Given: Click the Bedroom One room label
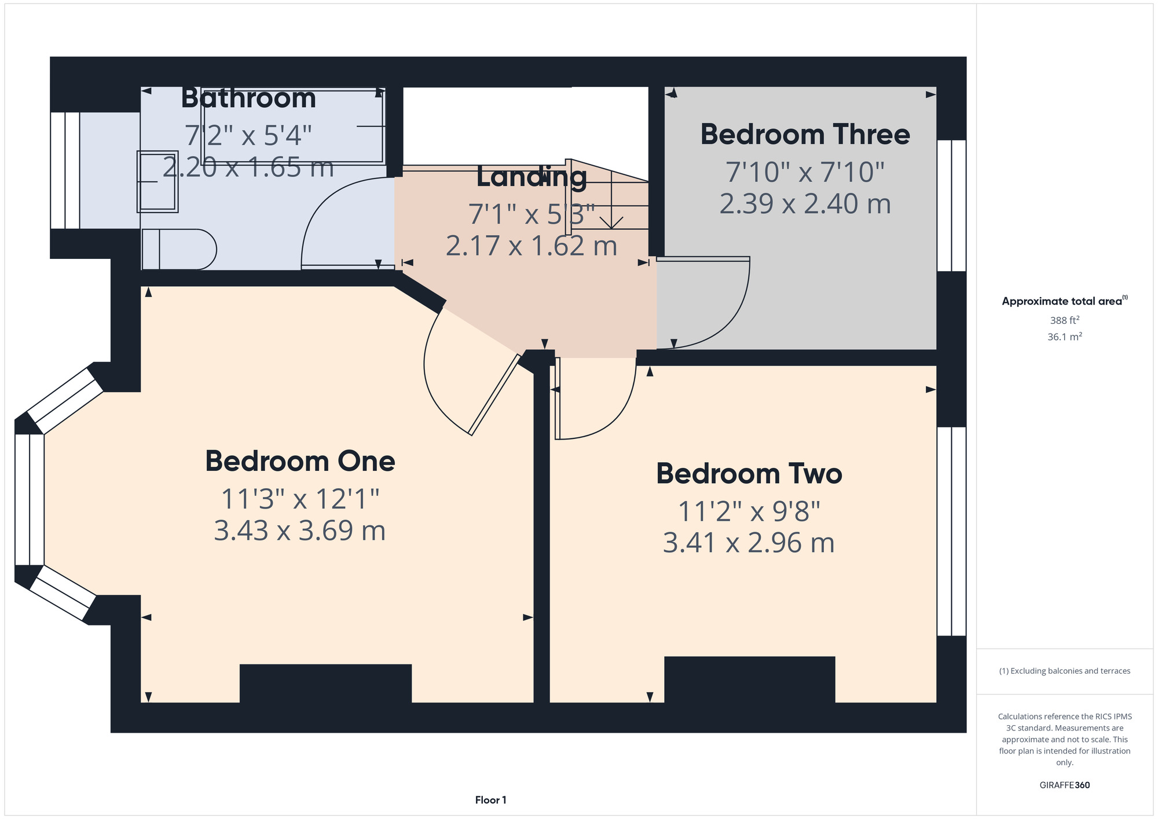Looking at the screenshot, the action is (300, 461).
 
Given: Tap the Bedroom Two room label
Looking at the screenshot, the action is (749, 474).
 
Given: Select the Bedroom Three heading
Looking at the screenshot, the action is (805, 134).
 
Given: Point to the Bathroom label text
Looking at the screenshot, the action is (248, 98).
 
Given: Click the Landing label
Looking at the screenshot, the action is (532, 178).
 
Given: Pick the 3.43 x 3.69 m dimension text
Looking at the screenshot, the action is (300, 531).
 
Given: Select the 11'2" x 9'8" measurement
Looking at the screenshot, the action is (749, 511).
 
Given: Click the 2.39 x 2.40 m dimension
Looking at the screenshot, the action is (805, 204).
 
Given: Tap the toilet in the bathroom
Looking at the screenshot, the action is (179, 250).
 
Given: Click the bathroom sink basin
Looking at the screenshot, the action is (157, 181).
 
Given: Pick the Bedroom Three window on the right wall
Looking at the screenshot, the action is (951, 206).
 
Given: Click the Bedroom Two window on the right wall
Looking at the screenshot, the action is (951, 531).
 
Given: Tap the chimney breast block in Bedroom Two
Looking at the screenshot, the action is (749, 679).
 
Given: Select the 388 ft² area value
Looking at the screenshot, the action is (1064, 320).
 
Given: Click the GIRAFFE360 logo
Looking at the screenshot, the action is (1064, 785).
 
